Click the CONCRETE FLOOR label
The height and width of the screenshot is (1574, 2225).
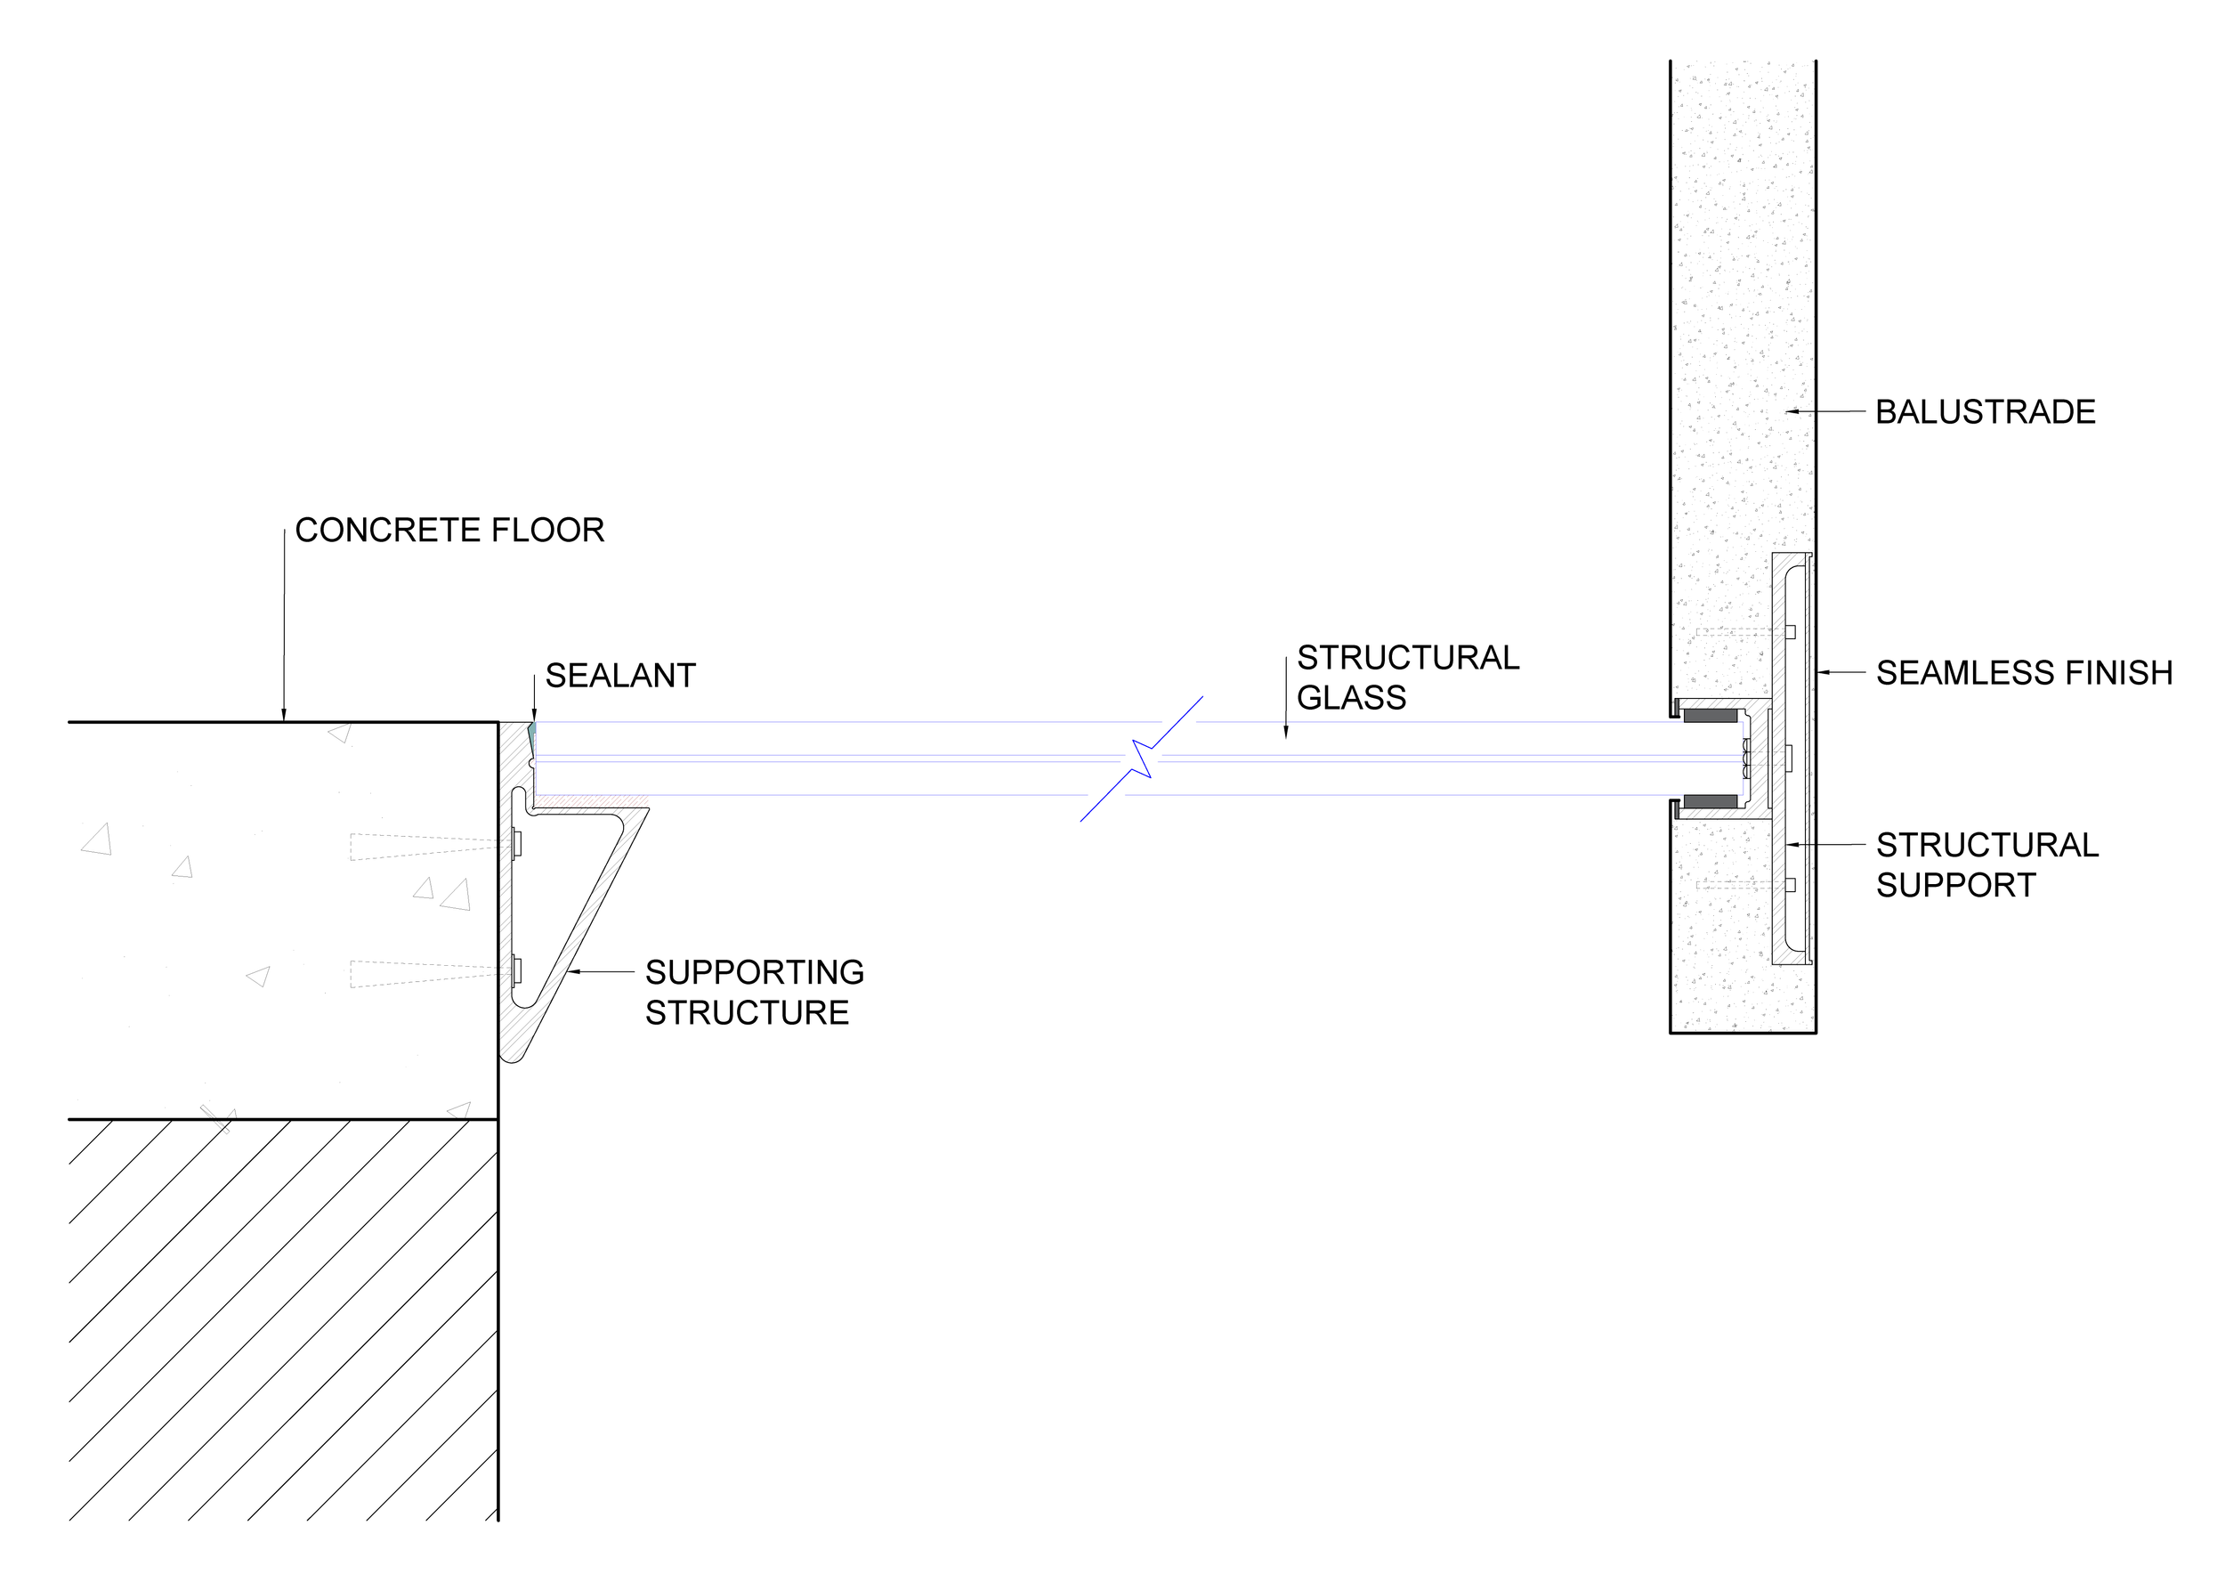tap(449, 531)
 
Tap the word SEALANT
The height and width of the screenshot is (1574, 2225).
tap(620, 676)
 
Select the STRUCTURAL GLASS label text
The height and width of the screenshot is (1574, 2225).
tap(1407, 677)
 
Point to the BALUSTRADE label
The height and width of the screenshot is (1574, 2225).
tap(1985, 412)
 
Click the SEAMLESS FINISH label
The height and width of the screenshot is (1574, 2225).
tap(2024, 673)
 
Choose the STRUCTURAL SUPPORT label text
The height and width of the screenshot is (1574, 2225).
tap(1986, 864)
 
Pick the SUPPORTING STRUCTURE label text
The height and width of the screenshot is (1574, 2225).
tap(754, 992)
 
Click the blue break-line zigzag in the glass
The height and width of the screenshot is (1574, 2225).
tap(1143, 759)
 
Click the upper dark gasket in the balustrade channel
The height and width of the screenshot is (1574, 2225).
tap(1711, 717)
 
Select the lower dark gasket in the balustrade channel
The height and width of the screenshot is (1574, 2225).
tap(1711, 801)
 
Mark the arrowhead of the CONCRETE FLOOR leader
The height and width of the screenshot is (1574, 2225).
tap(284, 718)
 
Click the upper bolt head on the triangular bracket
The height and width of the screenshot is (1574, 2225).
tap(517, 843)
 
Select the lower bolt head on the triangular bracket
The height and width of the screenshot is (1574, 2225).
tap(517, 970)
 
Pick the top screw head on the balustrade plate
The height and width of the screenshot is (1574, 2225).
tap(1790, 632)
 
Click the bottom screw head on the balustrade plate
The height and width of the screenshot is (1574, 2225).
tap(1790, 884)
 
